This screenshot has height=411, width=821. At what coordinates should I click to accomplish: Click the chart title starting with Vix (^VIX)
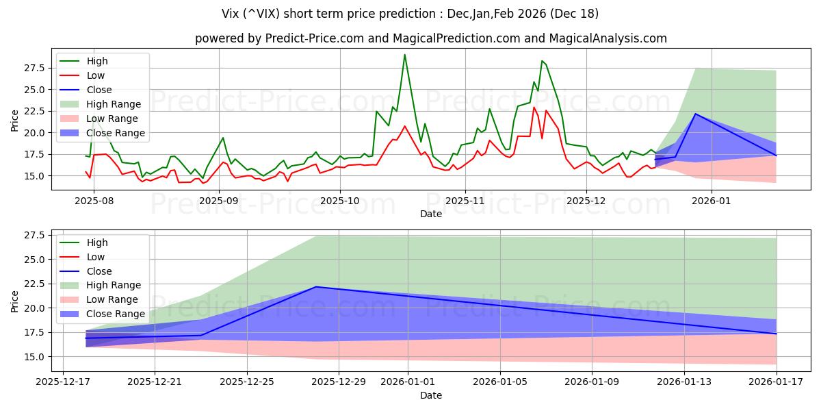pyautogui.click(x=410, y=14)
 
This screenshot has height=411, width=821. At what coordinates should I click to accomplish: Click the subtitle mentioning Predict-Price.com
pyautogui.click(x=431, y=39)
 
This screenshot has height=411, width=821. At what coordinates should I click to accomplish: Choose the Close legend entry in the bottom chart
pyautogui.click(x=100, y=271)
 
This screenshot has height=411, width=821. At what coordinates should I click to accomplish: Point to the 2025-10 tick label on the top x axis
pyautogui.click(x=340, y=201)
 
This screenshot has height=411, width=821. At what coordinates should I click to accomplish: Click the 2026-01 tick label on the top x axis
pyautogui.click(x=712, y=201)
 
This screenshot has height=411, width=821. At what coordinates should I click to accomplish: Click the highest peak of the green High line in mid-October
pyautogui.click(x=404, y=55)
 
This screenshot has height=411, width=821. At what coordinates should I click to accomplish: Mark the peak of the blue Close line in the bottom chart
pyautogui.click(x=316, y=287)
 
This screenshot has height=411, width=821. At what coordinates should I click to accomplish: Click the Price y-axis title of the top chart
pyautogui.click(x=15, y=121)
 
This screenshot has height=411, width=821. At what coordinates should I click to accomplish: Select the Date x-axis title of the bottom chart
pyautogui.click(x=431, y=395)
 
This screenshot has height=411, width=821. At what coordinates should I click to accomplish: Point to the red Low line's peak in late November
pyautogui.click(x=534, y=108)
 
